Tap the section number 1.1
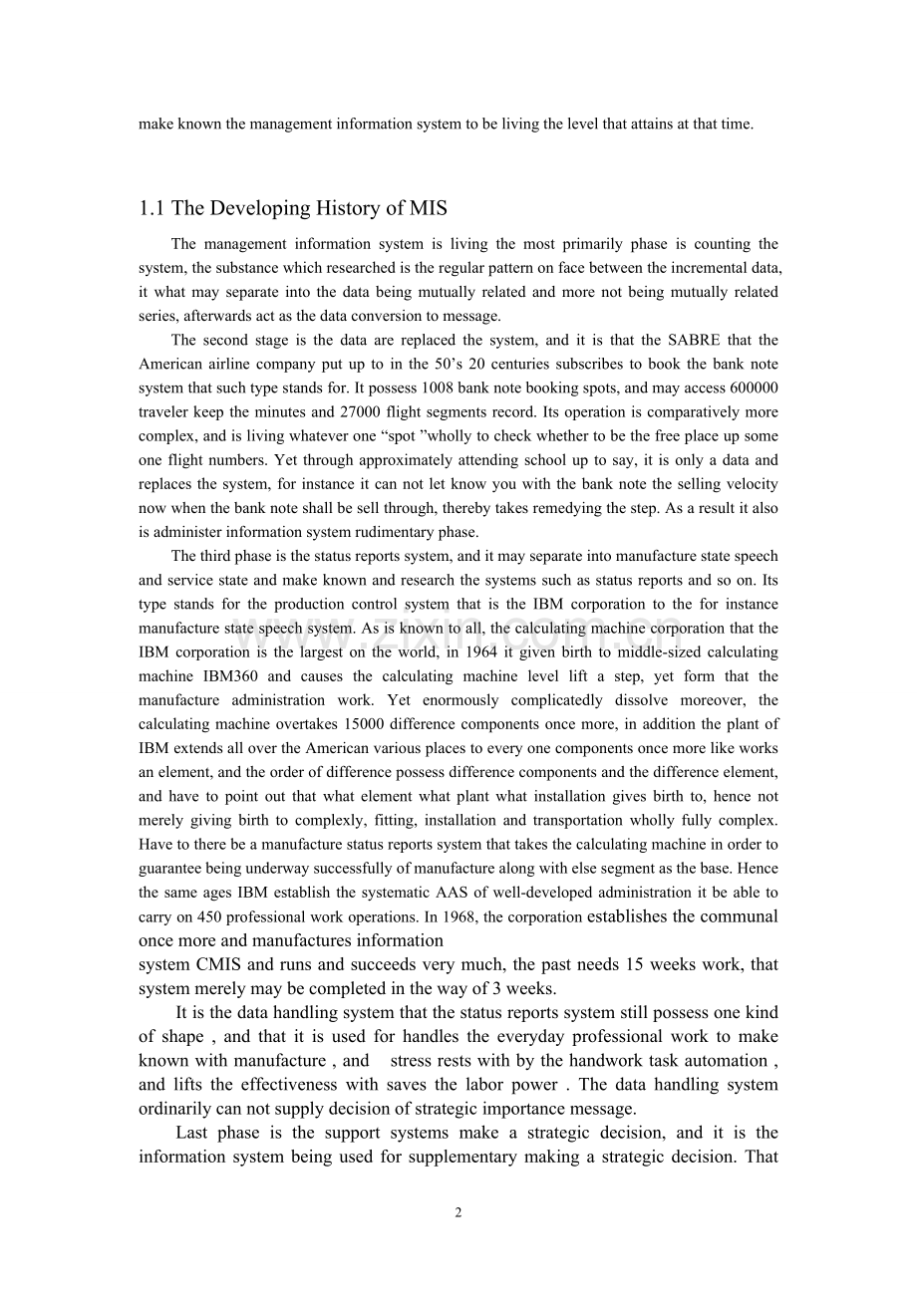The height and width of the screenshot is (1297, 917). (x=153, y=208)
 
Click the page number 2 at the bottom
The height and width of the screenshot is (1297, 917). (x=458, y=1212)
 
